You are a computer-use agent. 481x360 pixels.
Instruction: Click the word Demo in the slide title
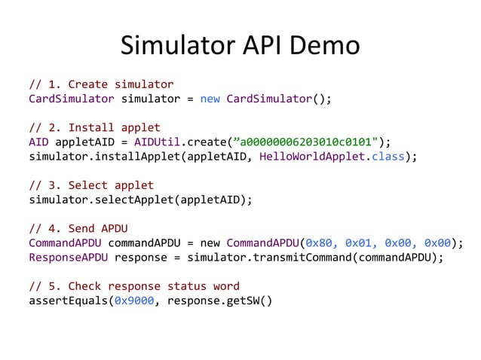click(x=324, y=47)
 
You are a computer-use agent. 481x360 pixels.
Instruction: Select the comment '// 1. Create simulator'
click(x=101, y=84)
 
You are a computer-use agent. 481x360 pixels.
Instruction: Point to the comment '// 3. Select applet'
click(x=91, y=185)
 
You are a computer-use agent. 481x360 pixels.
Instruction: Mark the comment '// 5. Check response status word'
click(x=134, y=286)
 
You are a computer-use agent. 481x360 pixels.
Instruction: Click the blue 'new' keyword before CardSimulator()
click(x=210, y=99)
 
